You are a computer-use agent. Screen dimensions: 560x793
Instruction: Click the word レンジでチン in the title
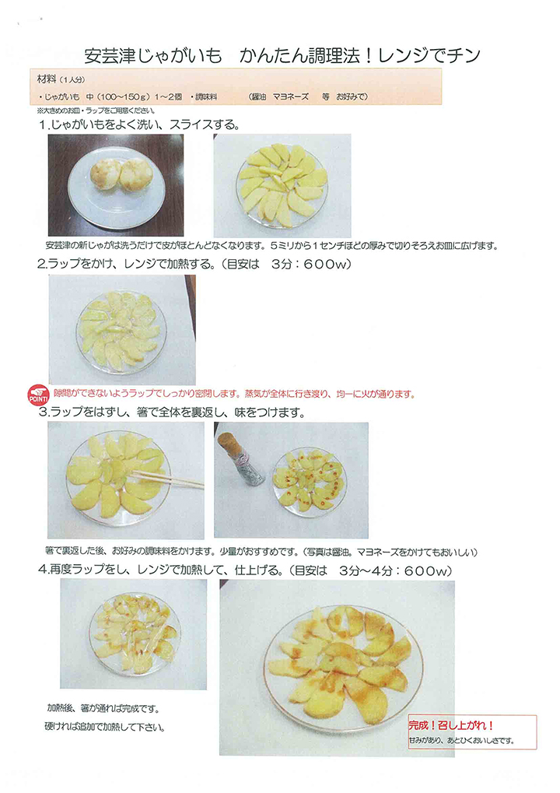click(x=429, y=55)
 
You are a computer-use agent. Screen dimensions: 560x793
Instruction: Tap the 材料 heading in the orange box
click(x=47, y=79)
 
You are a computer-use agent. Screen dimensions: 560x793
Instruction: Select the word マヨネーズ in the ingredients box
click(x=291, y=96)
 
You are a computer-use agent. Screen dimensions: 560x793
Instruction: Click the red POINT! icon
click(x=38, y=395)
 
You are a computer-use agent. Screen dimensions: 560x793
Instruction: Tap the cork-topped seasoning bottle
click(x=242, y=458)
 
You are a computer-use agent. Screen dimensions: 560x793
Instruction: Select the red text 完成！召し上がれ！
click(x=451, y=725)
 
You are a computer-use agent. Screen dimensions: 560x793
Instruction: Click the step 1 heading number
click(x=44, y=125)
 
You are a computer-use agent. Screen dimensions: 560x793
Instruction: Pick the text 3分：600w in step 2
click(x=310, y=264)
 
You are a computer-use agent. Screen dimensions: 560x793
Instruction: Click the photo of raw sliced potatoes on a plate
click(x=282, y=186)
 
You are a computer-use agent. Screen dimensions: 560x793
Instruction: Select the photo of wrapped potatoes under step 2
click(x=122, y=330)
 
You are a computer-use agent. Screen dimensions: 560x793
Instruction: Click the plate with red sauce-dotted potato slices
click(x=308, y=480)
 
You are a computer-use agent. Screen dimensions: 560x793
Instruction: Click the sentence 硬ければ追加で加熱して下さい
click(x=105, y=728)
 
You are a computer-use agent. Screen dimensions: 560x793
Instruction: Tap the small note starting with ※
click(x=96, y=111)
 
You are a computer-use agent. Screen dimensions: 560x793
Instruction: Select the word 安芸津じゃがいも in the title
click(x=153, y=55)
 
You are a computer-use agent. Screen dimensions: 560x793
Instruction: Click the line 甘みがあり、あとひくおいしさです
click(x=461, y=740)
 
